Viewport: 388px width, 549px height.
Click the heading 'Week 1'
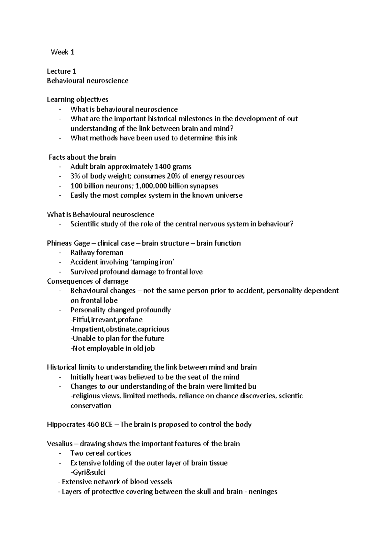(63, 52)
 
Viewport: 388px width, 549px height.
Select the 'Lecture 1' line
(61, 71)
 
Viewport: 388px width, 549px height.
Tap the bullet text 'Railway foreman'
(97, 253)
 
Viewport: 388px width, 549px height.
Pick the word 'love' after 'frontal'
(195, 272)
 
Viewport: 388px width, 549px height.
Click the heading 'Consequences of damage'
(88, 281)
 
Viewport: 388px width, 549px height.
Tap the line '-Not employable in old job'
(113, 348)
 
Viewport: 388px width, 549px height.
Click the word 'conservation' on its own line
(91, 405)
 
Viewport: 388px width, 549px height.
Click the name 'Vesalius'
(59, 444)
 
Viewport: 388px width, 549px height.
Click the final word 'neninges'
(263, 492)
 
